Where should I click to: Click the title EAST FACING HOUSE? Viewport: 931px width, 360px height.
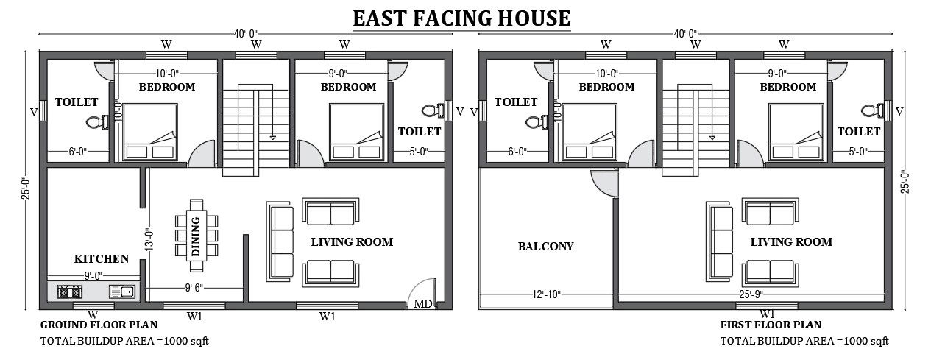point(461,18)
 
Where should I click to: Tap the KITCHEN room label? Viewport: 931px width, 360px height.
point(102,259)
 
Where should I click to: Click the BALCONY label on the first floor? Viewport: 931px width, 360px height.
point(545,246)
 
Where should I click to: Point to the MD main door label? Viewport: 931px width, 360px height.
point(422,303)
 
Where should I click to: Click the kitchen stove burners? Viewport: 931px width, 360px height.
point(69,292)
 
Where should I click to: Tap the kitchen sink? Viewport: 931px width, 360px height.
point(122,292)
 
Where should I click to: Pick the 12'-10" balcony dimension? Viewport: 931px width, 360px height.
point(545,294)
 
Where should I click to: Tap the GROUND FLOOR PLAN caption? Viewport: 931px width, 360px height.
point(93,325)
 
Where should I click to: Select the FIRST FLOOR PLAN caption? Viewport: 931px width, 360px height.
point(771,325)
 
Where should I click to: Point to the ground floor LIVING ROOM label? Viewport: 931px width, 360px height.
point(352,241)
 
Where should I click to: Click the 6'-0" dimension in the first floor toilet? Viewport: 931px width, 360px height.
point(517,152)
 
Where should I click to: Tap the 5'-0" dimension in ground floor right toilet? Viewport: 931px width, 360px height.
point(419,152)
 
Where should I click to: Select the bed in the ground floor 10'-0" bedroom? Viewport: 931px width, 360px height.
point(150,132)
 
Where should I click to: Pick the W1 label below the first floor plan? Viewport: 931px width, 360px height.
point(766,314)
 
